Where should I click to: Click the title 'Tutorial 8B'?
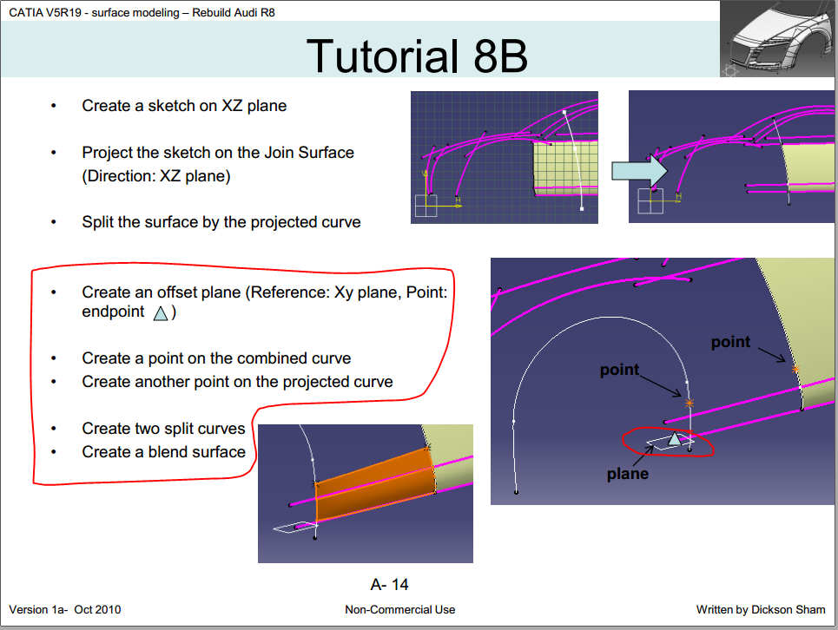417,56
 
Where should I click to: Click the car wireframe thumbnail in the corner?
778,38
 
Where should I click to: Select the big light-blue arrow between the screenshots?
639,171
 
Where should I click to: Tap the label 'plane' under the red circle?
628,474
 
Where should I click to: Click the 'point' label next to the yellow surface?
730,342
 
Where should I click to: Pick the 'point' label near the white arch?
619,370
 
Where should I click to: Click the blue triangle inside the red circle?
675,439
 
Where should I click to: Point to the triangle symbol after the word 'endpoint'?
161,313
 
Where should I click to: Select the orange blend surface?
374,484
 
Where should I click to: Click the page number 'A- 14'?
389,585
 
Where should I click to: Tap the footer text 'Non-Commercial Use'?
399,610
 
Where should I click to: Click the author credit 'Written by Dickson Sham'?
761,610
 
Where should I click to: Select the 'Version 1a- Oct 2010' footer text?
64,610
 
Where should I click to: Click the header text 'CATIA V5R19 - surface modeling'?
94,13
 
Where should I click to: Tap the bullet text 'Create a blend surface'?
163,452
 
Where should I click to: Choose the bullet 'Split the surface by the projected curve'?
221,222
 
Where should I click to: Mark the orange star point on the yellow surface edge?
795,370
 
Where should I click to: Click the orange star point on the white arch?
690,404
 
